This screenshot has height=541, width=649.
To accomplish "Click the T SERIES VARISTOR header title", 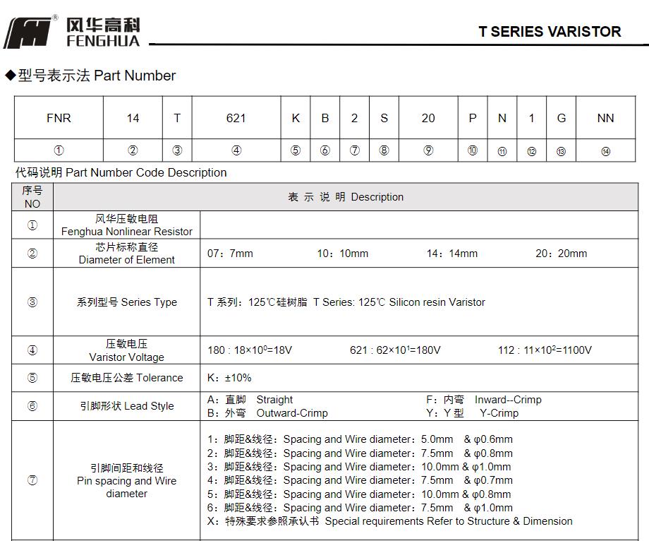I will pyautogui.click(x=550, y=32).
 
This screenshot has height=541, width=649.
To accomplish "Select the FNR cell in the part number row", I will pyautogui.click(x=59, y=118).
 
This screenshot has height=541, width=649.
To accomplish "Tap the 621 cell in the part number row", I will pyautogui.click(x=236, y=118).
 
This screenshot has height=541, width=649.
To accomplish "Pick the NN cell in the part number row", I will pyautogui.click(x=605, y=118).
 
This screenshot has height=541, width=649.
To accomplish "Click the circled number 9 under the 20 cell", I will pyautogui.click(x=428, y=150).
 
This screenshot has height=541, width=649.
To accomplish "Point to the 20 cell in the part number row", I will pyautogui.click(x=428, y=118).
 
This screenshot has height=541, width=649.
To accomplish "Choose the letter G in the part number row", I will pyautogui.click(x=562, y=118).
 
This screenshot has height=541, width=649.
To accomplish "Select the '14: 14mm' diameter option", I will pyautogui.click(x=451, y=254).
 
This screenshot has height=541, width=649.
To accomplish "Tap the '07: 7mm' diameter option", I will pyautogui.click(x=230, y=254).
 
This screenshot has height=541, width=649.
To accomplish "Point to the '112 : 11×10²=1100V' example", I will pyautogui.click(x=545, y=350).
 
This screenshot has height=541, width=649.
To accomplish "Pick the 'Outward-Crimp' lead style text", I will pyautogui.click(x=292, y=413).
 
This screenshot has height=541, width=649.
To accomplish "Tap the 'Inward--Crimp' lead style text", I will pyautogui.click(x=508, y=400).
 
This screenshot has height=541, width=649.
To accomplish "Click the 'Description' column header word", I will pyautogui.click(x=377, y=197).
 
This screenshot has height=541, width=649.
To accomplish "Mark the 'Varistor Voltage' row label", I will pyautogui.click(x=127, y=357).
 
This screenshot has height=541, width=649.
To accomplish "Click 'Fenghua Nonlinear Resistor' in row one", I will pyautogui.click(x=127, y=232).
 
